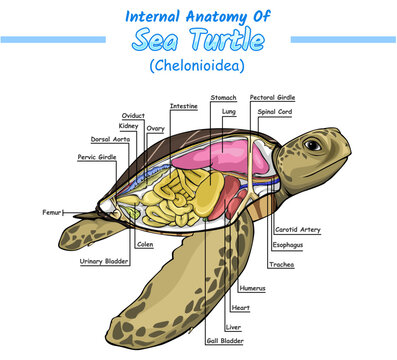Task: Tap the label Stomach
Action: pos(223,98)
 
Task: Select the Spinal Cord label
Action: pos(275,111)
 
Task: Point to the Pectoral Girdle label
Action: pos(271,98)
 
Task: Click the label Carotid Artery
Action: pos(297,229)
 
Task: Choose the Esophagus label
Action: pos(290,244)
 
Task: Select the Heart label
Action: pos(240,307)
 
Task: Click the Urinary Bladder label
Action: pos(103,261)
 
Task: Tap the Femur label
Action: pos(53,212)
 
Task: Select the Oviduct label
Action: pos(133,116)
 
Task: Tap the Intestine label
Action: pos(183,105)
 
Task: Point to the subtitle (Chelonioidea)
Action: pos(198,66)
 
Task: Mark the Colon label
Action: pos(146,244)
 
